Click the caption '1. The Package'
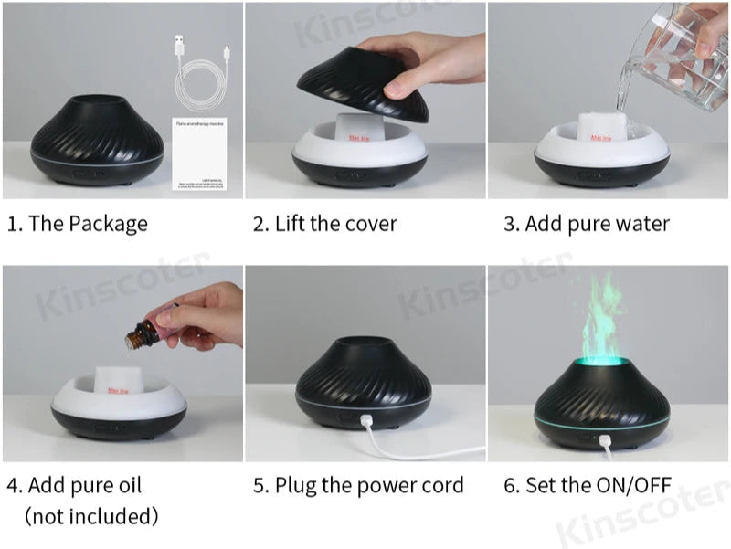(78, 224)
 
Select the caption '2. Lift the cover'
(325, 224)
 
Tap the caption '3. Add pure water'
(587, 224)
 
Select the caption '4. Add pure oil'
(75, 485)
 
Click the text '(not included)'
(91, 516)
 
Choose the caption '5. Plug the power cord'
(358, 485)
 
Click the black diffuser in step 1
(97, 142)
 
